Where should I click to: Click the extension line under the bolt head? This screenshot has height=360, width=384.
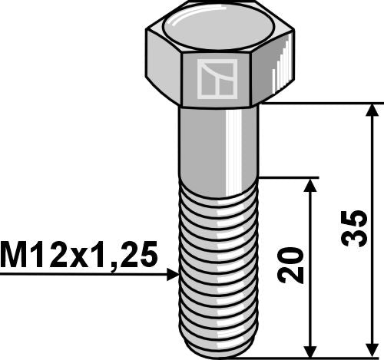(323, 103)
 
